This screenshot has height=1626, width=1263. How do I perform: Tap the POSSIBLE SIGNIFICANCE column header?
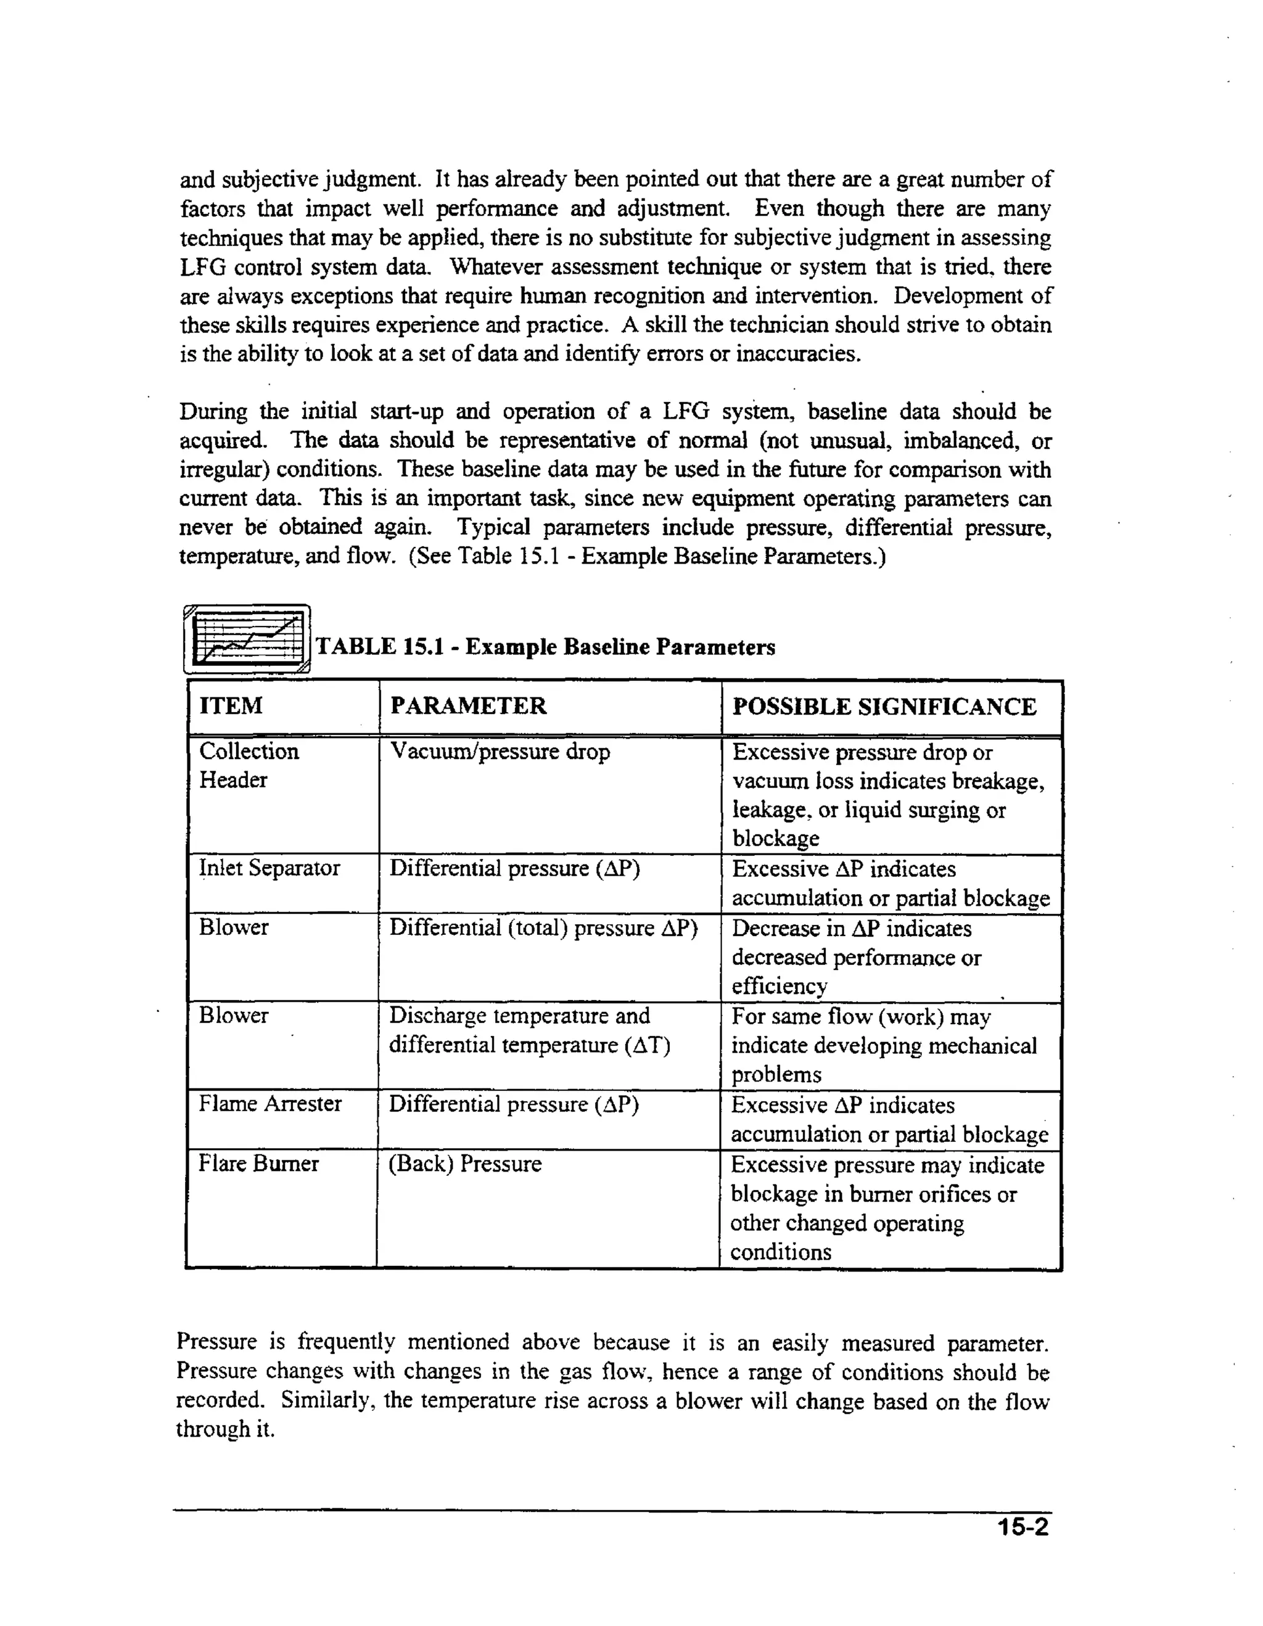coord(884,707)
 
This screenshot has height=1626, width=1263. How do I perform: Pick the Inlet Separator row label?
coord(269,868)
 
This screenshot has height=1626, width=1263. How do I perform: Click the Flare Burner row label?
coord(258,1164)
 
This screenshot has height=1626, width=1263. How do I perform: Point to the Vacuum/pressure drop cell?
coord(500,751)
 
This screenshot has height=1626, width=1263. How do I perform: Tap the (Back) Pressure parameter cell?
coord(465,1164)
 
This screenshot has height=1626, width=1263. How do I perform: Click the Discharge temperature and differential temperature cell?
coord(529,1030)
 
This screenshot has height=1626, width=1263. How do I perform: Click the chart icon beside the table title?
coord(247,639)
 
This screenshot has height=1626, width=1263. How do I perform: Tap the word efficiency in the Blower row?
coord(779,987)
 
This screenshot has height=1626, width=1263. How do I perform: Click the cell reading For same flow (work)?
coord(861,1017)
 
